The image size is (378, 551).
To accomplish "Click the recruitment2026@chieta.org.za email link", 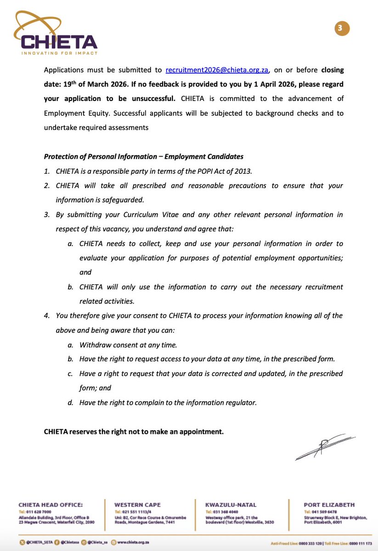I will coord(217,70).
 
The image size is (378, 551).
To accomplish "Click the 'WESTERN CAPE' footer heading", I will coord(138,505).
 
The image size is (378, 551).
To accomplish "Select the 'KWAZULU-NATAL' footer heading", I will coord(231,505).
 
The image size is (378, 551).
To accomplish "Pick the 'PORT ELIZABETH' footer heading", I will coord(329,505).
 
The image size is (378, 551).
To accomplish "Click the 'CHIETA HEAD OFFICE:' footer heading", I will coord(51,505).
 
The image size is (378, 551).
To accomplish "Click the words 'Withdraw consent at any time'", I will coord(128,344).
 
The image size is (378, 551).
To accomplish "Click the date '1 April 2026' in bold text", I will coord(245,84).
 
